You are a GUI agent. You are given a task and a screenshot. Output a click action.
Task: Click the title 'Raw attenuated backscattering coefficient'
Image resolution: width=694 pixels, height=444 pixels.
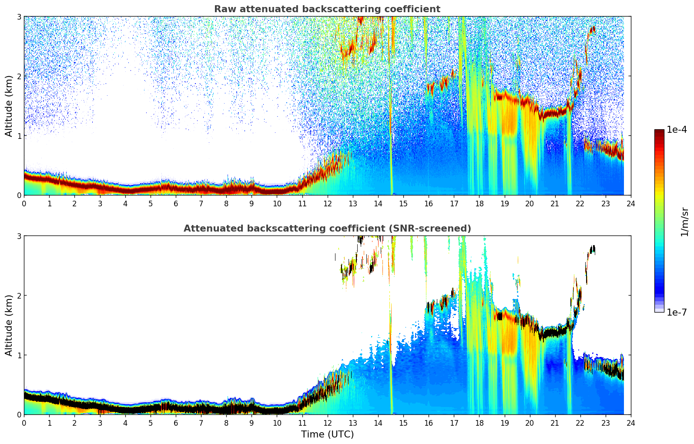click(327, 9)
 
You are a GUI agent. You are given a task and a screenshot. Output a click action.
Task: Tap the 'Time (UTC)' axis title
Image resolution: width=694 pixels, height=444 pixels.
click(327, 434)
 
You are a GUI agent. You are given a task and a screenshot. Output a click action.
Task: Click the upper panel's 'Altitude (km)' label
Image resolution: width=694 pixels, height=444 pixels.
click(9, 106)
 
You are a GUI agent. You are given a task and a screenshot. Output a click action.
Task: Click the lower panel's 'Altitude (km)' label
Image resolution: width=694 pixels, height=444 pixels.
click(9, 325)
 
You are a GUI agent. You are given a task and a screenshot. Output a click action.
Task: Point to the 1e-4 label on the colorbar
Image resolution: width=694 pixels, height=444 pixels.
click(677, 130)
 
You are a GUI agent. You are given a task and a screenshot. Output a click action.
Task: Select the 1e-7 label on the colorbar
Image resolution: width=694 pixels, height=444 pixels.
click(677, 312)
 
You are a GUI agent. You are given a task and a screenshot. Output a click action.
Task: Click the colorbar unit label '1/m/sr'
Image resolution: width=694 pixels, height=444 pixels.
click(684, 222)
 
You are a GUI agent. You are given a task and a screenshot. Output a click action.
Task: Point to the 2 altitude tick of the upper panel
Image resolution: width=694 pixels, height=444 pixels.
click(19, 76)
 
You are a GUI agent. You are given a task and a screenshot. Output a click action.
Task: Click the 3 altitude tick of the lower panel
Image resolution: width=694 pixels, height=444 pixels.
click(19, 236)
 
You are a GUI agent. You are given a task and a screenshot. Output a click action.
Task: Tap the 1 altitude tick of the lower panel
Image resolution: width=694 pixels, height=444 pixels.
click(19, 355)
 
